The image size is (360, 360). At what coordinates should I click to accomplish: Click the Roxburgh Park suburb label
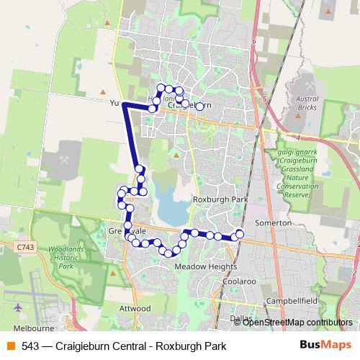click(x=220, y=199)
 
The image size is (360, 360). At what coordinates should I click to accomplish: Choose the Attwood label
click(x=135, y=308)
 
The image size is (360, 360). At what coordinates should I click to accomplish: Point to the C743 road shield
click(x=25, y=247)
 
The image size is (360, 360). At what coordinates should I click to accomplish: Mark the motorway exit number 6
click(x=254, y=42)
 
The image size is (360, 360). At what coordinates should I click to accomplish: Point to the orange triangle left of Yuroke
click(x=102, y=94)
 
